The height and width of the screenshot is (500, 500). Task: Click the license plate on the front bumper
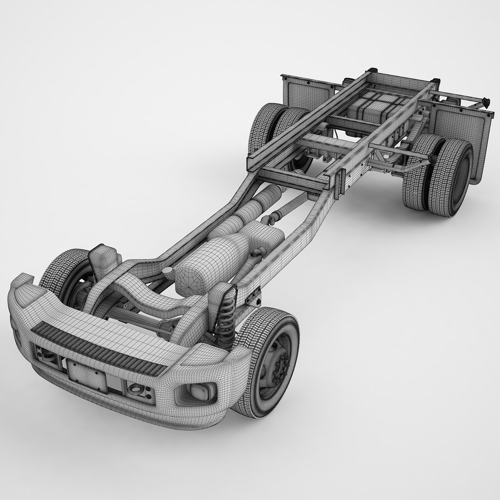click(87, 375)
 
